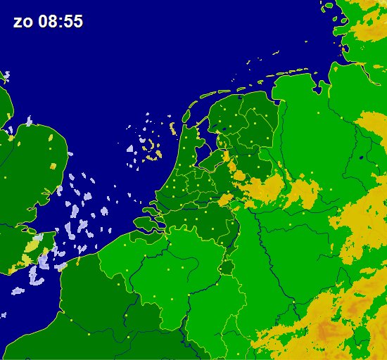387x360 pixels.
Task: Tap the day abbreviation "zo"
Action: (21, 22)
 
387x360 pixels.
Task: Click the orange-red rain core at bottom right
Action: (328, 330)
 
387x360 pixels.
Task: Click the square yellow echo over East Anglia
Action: (53, 165)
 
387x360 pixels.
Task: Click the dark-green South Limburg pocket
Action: (227, 268)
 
